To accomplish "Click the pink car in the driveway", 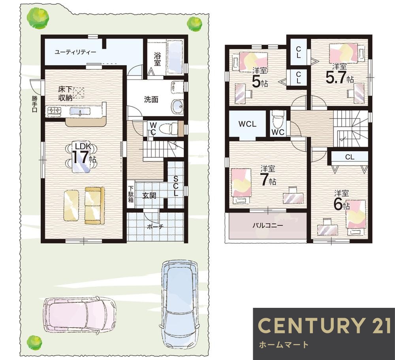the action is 80,315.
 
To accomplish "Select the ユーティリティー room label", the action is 75,53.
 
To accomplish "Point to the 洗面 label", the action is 151,100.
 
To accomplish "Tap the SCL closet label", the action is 176,187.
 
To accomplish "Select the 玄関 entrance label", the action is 149,196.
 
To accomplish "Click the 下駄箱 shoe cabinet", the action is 131,194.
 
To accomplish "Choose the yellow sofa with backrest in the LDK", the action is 94,205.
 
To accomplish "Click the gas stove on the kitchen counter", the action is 54,111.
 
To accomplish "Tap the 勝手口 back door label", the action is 34,104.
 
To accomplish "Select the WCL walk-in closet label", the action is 247,124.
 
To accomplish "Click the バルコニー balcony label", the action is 268,225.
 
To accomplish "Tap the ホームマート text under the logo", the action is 283,344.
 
